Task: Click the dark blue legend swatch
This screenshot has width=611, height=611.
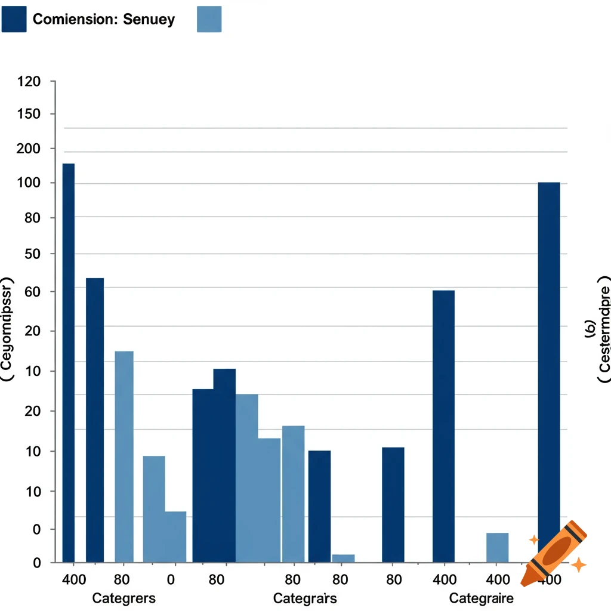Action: (14, 19)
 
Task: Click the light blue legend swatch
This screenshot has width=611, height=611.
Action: (209, 19)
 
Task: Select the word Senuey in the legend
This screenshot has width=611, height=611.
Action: (149, 19)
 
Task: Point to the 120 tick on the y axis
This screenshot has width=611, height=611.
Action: (29, 81)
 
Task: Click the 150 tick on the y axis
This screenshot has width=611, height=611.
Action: (29, 114)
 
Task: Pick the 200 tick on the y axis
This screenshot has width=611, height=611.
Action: (29, 149)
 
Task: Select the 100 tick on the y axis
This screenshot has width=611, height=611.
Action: (29, 183)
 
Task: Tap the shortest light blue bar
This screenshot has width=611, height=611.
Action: (343, 558)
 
